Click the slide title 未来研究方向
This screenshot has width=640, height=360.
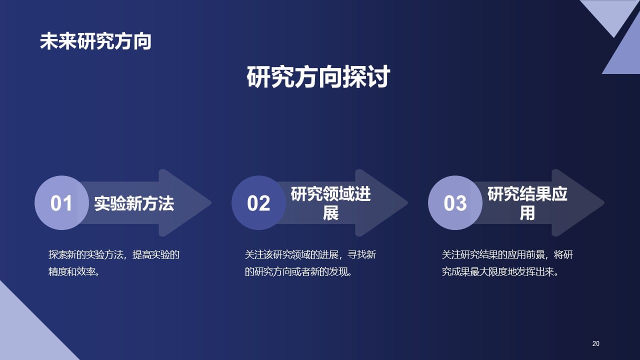coord(95,41)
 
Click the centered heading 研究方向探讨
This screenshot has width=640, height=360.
coord(318,77)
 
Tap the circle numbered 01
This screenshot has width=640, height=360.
coord(61,203)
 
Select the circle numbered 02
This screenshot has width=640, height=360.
coord(258,203)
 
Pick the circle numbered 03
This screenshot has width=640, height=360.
coord(455,203)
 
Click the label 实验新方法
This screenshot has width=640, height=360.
coord(134,203)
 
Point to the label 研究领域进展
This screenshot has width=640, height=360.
coord(330,203)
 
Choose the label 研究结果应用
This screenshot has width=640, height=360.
coord(527,203)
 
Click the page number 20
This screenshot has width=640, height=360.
coord(595,343)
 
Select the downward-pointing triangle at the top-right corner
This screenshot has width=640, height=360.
coord(610,12)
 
